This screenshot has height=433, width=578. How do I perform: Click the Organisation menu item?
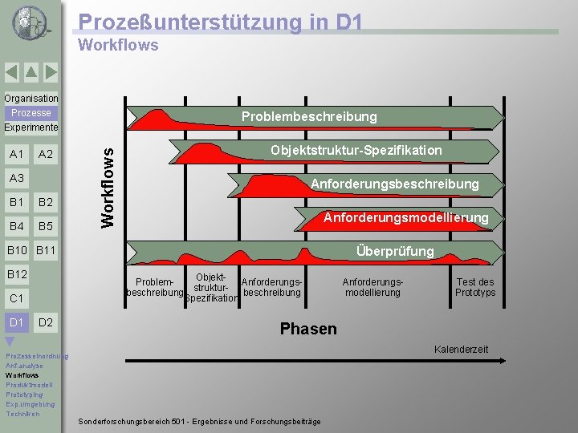[x=31, y=98]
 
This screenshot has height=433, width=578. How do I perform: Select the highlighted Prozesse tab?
[x=31, y=113]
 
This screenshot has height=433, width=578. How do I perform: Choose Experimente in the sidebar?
[x=31, y=127]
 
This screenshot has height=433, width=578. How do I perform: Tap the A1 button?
[x=15, y=154]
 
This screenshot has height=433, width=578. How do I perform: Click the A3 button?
[x=15, y=178]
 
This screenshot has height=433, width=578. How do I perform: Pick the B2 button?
[x=46, y=202]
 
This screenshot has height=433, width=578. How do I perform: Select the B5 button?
[x=46, y=226]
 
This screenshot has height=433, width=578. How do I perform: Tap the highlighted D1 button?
[x=15, y=322]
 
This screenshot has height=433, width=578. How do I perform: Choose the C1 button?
[x=15, y=298]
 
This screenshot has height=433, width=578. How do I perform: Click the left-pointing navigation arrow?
[x=11, y=72]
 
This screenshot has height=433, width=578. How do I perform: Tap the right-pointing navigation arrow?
[x=51, y=72]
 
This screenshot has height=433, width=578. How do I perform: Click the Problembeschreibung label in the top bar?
[x=309, y=117]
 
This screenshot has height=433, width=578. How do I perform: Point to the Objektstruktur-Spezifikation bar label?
[x=356, y=151]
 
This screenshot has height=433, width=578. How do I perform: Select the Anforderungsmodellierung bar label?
[x=405, y=218]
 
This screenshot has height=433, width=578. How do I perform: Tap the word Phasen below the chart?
[x=308, y=329]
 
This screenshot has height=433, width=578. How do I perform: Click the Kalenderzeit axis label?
[x=461, y=349]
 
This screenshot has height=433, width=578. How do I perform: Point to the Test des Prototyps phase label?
[x=475, y=287]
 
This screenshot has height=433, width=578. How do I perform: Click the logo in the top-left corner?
[x=30, y=22]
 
